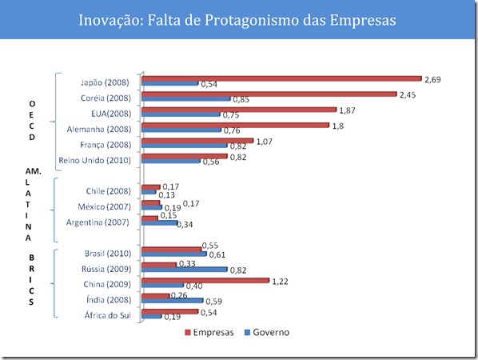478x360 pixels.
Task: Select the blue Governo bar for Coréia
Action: coord(185,99)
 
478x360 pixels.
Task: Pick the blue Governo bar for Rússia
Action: coord(184,270)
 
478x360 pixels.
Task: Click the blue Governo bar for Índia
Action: coord(171,302)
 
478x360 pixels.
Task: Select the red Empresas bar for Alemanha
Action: coord(235,125)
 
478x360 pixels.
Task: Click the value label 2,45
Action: coord(408,93)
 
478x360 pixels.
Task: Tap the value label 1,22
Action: coord(281,281)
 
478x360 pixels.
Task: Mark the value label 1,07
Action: coord(265,141)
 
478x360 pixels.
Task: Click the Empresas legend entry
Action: coord(207,332)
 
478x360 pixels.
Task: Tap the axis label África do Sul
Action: coord(109,314)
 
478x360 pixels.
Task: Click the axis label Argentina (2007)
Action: coord(104,222)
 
